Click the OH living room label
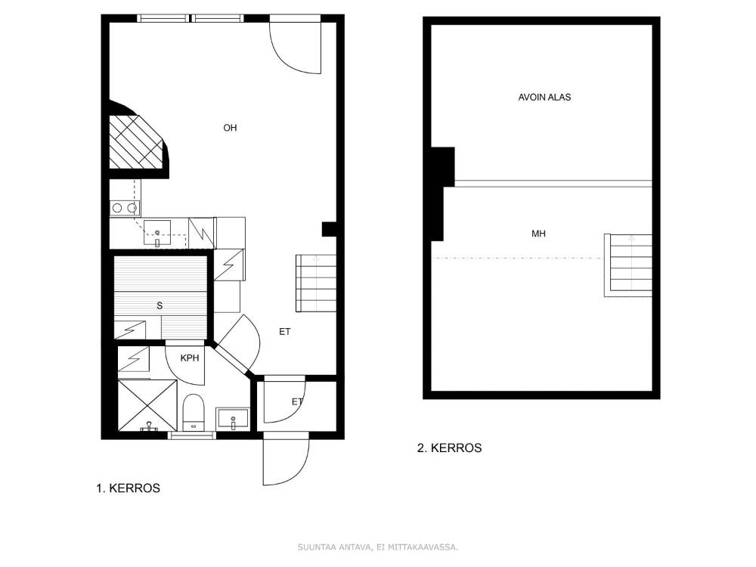[230, 128]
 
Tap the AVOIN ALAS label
[544, 97]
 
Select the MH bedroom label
[538, 234]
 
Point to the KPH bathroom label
[190, 358]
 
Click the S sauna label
[160, 305]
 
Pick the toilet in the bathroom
[194, 412]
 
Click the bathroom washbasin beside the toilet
[234, 419]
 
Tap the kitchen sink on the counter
[156, 233]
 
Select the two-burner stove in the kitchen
[125, 208]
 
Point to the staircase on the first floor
[316, 283]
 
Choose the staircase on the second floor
[627, 265]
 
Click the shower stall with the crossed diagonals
[147, 405]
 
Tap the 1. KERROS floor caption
[129, 488]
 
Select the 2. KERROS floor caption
[449, 448]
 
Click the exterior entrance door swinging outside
[286, 459]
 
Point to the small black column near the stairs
[330, 229]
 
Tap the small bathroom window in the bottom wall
[191, 435]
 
